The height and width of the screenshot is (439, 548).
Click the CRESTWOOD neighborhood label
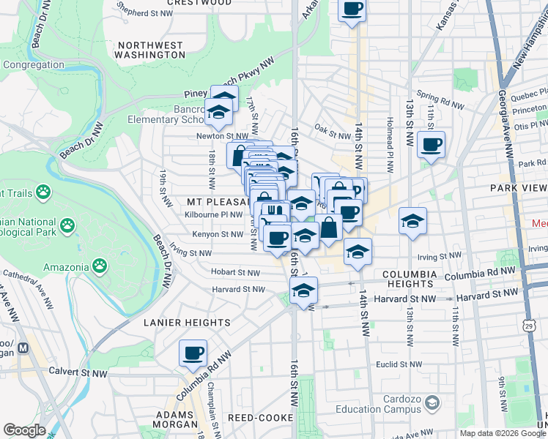tap(196, 3)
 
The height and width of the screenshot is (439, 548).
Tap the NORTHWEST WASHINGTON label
tap(149, 50)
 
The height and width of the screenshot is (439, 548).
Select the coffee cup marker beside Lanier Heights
tap(193, 353)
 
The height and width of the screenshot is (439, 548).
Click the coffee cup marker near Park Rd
tap(432, 144)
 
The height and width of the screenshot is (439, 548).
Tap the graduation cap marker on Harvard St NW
tap(303, 290)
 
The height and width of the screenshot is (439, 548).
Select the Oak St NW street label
tap(332, 135)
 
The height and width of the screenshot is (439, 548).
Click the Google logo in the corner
tap(24, 430)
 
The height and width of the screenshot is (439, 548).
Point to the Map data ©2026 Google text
tap(502, 433)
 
